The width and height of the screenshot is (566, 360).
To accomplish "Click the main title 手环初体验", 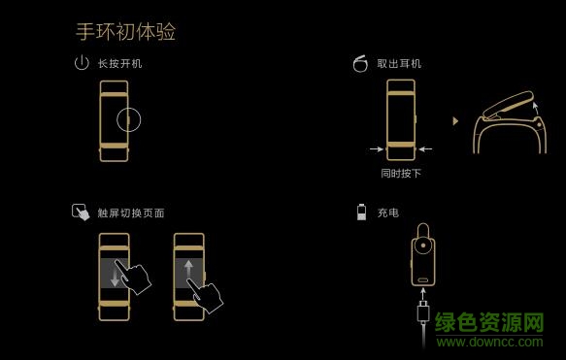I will tap(126, 31).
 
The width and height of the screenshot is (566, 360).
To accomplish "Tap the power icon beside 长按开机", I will tap(82, 64).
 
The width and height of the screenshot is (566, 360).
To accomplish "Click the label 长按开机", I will tap(119, 64).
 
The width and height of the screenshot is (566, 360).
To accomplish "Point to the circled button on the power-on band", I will tap(130, 120).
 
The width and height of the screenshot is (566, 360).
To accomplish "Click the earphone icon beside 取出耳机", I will tap(360, 64).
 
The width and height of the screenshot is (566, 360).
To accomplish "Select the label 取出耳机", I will tap(399, 64).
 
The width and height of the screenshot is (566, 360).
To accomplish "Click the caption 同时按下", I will tap(401, 174).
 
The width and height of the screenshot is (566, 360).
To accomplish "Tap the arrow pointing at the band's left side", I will tap(376, 149).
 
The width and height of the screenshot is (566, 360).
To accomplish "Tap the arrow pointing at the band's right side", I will tap(425, 149).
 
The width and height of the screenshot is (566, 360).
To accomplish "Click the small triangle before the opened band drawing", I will tap(455, 121).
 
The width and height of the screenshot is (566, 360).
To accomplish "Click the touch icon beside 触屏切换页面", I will tap(81, 212).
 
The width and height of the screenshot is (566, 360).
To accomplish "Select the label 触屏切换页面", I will tap(131, 213).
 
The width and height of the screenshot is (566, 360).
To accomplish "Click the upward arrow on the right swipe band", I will tap(188, 272).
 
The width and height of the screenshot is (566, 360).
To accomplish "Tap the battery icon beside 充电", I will tap(361, 212).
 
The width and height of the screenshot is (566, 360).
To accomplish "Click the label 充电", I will tap(387, 213).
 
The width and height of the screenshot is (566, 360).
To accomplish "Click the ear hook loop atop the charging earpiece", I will tap(423, 229).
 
